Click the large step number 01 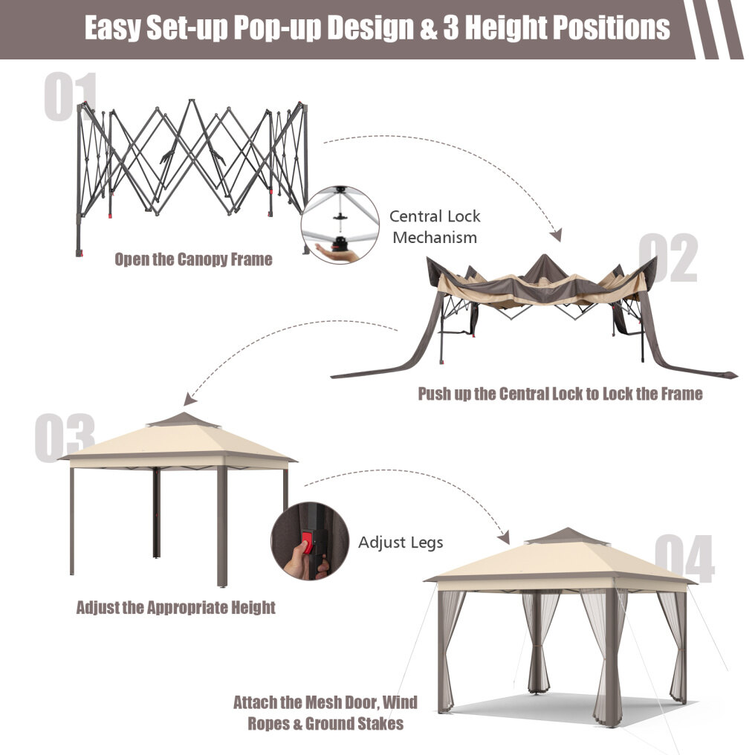pos(71,97)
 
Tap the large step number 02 pos(668,257)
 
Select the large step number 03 pos(65,438)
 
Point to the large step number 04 pos(684,559)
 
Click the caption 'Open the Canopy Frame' pos(193,259)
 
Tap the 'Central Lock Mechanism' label pos(435,227)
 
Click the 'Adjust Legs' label pos(401,542)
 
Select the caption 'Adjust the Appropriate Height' pos(176,608)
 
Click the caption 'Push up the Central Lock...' pos(560,394)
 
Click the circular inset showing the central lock pos(340,225)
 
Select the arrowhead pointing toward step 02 pos(557,235)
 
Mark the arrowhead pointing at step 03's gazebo pos(189,400)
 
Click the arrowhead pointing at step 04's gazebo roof pos(504,537)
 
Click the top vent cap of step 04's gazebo pos(566,536)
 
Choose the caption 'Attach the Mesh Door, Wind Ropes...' pos(325,713)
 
